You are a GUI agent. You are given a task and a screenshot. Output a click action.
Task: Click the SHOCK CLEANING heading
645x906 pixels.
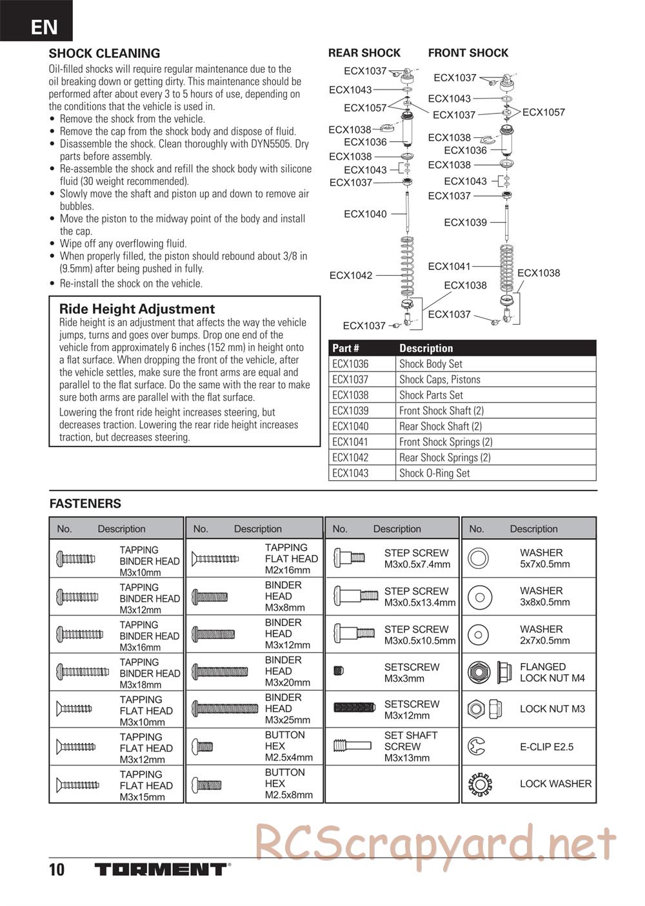click(104, 53)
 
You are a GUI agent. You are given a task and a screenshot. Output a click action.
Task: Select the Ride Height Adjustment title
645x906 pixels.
click(137, 309)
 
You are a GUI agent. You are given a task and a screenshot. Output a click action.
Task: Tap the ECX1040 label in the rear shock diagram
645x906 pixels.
click(365, 214)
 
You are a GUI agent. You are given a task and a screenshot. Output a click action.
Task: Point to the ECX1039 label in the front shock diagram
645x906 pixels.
click(465, 222)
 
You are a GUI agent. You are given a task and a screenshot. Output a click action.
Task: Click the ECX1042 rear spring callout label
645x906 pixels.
click(351, 275)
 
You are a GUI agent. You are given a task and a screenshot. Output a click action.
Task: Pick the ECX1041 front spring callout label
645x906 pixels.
click(450, 266)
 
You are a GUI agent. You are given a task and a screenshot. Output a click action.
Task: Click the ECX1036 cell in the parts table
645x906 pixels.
click(350, 364)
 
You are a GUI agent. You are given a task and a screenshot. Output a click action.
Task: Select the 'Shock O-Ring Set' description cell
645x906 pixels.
click(434, 473)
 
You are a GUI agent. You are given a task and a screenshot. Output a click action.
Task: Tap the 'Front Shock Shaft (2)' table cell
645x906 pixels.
click(441, 410)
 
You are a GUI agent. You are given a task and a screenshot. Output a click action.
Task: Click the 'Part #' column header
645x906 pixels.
click(346, 348)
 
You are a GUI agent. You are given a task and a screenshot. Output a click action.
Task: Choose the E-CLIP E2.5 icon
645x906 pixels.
click(477, 747)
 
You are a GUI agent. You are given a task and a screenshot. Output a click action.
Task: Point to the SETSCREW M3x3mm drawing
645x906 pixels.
click(339, 671)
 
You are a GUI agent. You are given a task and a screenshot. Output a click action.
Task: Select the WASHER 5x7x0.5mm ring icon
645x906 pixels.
click(478, 558)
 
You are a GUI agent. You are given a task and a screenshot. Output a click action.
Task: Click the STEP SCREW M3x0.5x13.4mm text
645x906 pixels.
click(420, 597)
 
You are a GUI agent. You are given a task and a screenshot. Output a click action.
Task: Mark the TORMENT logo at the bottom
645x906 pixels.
click(162, 869)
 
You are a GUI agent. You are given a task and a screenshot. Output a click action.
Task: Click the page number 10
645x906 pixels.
click(57, 870)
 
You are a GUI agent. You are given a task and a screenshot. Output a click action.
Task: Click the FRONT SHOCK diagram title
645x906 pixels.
click(468, 53)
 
